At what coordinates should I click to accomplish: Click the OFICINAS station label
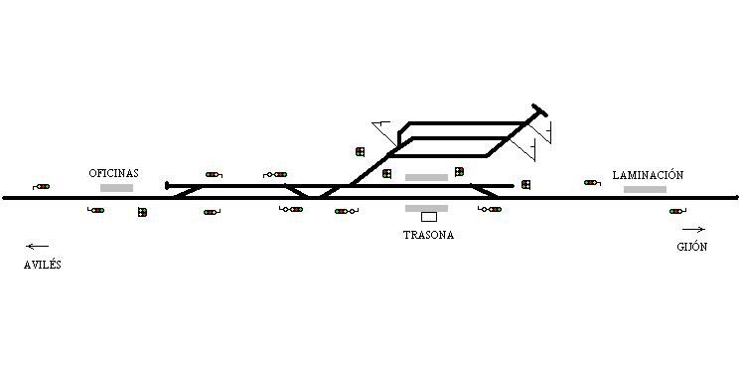114,173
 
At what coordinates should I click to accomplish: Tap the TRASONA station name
429,235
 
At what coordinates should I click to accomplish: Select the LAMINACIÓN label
648,175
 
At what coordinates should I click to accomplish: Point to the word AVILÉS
43,265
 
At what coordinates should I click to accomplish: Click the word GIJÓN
692,247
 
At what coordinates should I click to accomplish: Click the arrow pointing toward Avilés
38,246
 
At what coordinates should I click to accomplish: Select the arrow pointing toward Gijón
693,230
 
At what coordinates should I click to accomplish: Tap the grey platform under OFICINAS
117,188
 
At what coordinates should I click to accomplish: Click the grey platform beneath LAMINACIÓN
645,189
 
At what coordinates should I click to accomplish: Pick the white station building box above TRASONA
429,217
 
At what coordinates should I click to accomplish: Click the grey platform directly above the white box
426,208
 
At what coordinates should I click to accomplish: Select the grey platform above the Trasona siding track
426,177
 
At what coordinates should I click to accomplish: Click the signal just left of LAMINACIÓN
592,183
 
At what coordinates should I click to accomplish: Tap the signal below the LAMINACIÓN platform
677,211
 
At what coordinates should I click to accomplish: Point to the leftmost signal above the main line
41,187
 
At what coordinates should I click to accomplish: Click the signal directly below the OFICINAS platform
96,210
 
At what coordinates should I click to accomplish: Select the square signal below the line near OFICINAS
142,212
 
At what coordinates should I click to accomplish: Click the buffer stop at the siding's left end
167,186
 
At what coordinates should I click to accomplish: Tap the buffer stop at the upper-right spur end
539,110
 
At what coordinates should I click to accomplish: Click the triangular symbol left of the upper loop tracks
384,131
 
